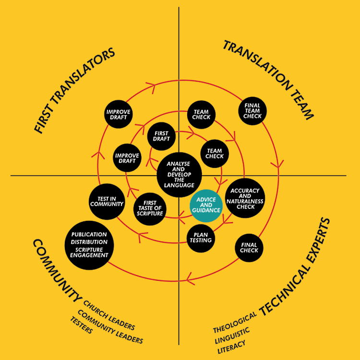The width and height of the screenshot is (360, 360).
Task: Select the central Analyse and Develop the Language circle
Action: point(180,175)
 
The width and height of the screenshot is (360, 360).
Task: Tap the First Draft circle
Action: point(161,135)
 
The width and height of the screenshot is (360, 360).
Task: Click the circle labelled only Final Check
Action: point(249,248)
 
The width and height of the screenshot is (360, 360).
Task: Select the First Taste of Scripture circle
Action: point(150,207)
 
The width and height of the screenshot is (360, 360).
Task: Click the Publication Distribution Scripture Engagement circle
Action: point(89,244)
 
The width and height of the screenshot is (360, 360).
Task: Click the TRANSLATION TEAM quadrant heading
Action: point(268,80)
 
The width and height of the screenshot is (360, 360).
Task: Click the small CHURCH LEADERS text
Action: point(109,312)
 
